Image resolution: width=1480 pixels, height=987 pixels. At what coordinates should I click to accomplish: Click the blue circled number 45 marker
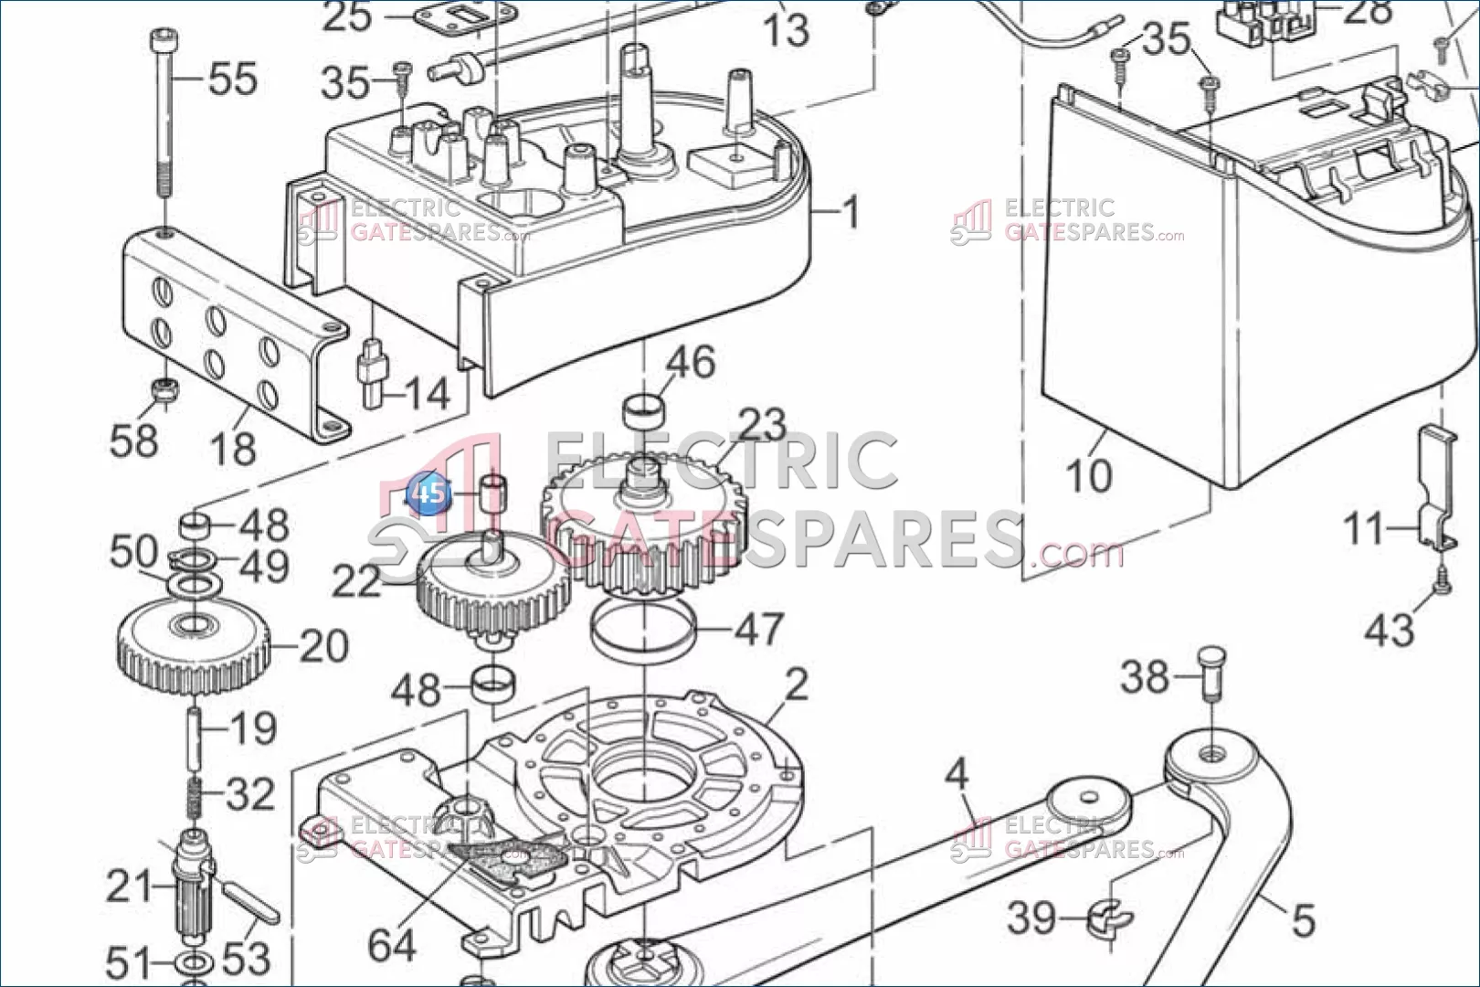[428, 493]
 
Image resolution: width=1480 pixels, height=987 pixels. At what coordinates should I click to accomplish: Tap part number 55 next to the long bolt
[233, 80]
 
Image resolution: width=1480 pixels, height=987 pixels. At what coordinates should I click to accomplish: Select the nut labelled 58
[164, 389]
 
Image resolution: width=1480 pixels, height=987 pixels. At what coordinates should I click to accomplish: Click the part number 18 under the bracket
[233, 448]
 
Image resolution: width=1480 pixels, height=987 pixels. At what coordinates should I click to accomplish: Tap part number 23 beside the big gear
[762, 425]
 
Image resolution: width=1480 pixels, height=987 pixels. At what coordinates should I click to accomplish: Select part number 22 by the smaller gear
[356, 581]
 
